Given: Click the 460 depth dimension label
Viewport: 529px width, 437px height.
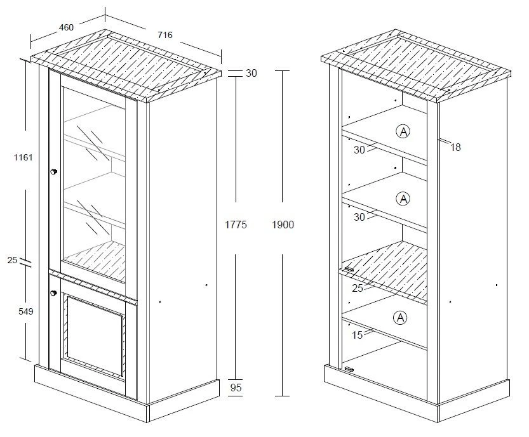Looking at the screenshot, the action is coord(66,27).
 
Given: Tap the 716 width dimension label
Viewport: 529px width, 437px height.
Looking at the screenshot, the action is coord(165,35).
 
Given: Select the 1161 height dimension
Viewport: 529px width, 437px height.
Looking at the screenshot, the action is coord(23,157).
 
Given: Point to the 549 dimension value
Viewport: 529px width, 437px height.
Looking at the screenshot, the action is coord(25,311).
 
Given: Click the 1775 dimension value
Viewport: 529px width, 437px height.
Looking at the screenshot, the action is coord(236,225).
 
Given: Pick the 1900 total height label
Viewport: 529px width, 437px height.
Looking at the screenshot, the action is coord(283,225).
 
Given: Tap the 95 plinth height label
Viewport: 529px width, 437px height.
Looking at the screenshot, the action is coord(236,388).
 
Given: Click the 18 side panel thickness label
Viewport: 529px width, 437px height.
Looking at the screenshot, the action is coord(455,147).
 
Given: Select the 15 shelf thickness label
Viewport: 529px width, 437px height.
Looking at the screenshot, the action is coord(358,335).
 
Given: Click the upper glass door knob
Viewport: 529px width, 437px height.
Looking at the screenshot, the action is coord(53,172).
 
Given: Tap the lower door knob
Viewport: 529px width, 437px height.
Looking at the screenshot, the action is coord(53,293).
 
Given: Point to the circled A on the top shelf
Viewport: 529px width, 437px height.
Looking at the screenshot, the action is coord(403,131).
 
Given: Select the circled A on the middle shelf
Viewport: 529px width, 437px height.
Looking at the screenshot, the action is coord(403,199).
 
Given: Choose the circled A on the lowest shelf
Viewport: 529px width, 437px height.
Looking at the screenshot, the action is coord(400,317).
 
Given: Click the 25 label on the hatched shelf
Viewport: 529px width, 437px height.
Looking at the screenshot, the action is coord(358,288).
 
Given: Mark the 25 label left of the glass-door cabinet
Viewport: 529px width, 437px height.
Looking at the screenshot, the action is coord(12,260).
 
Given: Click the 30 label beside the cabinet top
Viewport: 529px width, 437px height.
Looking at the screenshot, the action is coord(251,73).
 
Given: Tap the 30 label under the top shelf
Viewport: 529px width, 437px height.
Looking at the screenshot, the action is coord(359,150).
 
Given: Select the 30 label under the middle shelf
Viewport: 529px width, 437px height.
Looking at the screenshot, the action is coord(359,217).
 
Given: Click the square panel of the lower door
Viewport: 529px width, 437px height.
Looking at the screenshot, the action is coord(95,336).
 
